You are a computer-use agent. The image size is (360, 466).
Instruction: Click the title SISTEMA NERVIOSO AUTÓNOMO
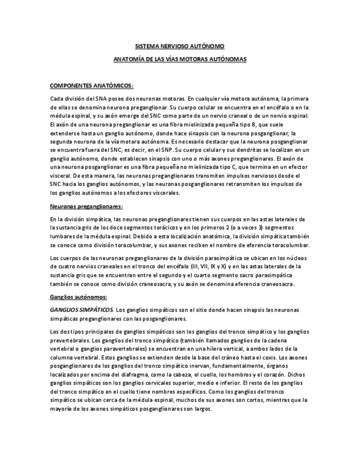pos(179,47)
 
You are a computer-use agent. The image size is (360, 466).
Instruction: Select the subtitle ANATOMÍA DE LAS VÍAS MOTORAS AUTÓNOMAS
pos(179,58)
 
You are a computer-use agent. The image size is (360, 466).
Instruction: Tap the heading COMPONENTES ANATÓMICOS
pos(92,86)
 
